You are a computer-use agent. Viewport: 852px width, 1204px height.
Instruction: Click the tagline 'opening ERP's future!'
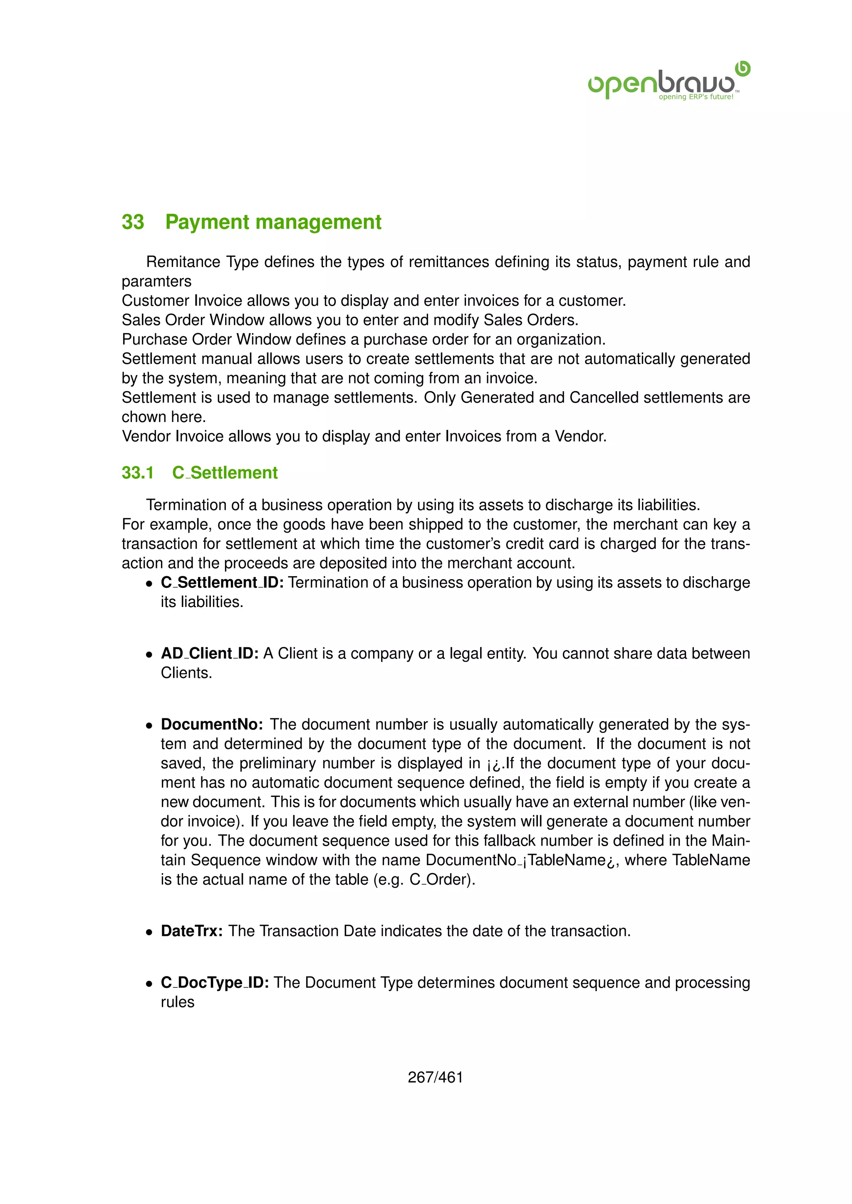(696, 97)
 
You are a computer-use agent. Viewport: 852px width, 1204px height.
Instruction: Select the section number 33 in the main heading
(133, 222)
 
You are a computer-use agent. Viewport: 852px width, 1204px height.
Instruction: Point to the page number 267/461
(435, 1077)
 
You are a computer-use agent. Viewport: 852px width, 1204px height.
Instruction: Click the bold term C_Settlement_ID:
(222, 582)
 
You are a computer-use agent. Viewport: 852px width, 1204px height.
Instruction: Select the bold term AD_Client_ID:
(209, 654)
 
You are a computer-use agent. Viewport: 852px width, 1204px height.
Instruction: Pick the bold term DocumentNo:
(212, 724)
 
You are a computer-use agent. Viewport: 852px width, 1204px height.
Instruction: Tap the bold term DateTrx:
(191, 931)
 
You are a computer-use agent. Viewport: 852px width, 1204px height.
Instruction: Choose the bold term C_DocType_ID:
(215, 982)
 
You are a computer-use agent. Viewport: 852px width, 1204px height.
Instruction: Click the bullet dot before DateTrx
(149, 932)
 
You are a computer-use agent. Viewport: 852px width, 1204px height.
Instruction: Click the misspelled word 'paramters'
(156, 281)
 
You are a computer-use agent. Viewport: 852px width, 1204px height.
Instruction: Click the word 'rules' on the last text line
(177, 1002)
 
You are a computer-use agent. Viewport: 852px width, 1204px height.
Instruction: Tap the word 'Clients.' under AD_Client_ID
(186, 673)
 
